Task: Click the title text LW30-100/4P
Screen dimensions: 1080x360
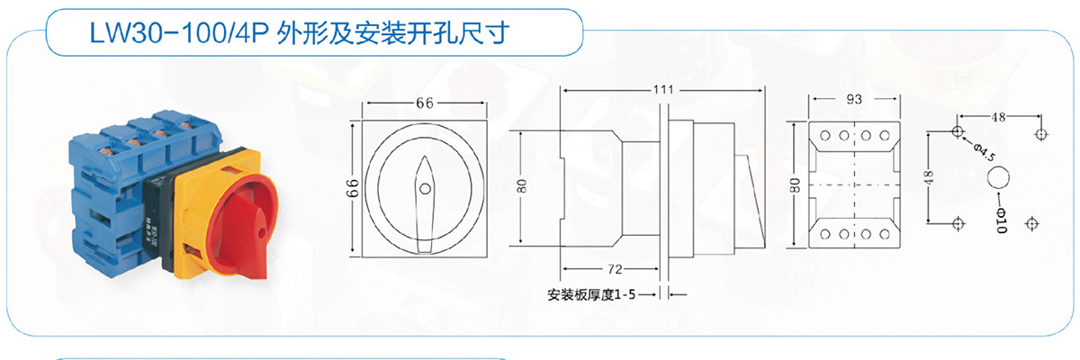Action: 179,33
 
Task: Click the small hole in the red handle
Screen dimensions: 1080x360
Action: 262,233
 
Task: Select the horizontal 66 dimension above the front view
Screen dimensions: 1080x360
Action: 425,103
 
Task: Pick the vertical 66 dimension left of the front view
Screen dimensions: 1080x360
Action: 354,188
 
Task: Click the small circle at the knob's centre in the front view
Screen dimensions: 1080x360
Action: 425,188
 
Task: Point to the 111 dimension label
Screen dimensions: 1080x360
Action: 663,90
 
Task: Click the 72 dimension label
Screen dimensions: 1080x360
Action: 616,269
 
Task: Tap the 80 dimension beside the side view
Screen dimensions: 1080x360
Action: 522,186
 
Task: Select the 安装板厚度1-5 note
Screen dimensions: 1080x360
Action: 591,294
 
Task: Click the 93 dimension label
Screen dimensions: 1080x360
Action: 854,99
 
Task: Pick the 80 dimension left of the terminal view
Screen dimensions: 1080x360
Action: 795,185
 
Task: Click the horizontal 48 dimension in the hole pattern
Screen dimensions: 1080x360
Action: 998,117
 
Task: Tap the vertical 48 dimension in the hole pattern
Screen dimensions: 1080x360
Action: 929,177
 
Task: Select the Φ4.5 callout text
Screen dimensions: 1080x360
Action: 984,152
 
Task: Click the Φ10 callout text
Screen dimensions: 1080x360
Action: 1002,220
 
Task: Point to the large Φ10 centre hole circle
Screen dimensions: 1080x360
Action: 998,177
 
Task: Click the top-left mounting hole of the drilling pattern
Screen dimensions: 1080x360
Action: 958,131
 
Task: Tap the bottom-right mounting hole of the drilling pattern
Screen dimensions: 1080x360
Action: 1031,223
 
